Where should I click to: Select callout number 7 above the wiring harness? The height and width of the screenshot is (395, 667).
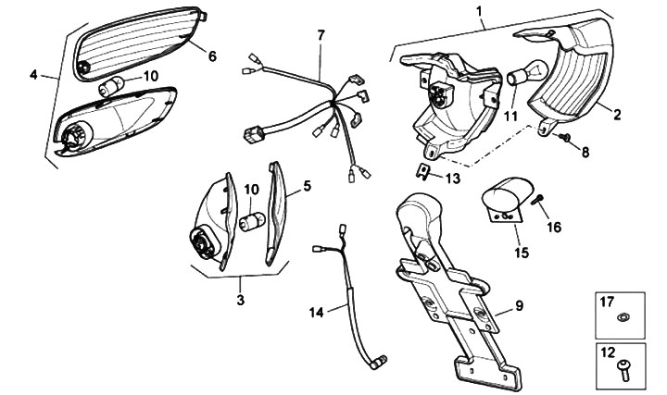coord(321,35)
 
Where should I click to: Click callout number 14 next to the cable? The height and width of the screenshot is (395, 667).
coord(317,313)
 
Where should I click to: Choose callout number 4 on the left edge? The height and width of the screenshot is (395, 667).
coord(34,75)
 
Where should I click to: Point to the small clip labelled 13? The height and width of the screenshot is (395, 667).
coord(422,170)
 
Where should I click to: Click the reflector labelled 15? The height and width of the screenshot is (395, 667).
coord(506,202)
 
